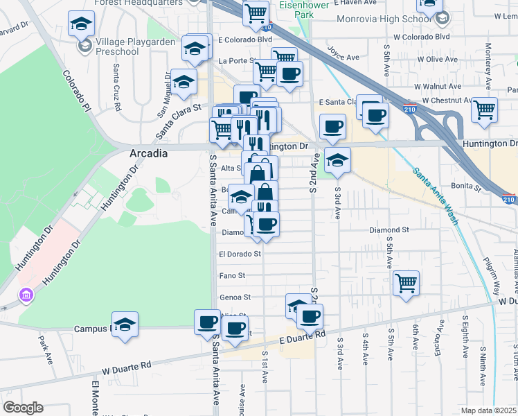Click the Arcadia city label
click(149, 154)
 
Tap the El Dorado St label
click(240, 254)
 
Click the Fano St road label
click(232, 275)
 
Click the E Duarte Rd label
click(303, 336)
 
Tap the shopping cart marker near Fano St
click(406, 282)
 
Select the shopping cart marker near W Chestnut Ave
click(484, 109)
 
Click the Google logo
click(23, 408)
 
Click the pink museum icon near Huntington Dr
click(26, 296)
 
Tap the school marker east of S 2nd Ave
click(337, 159)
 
